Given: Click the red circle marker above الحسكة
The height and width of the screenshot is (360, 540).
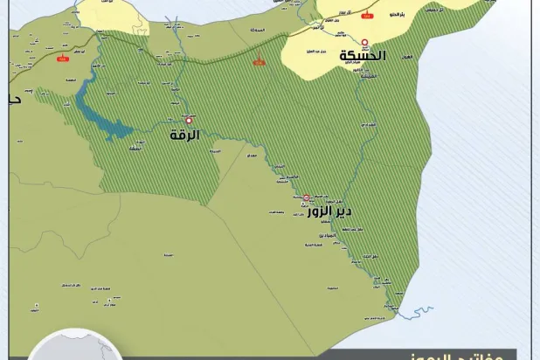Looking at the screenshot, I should [364, 41].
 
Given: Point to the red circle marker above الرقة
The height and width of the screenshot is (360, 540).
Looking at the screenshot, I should [188, 121].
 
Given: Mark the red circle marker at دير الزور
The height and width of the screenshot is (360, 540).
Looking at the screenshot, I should [306, 197].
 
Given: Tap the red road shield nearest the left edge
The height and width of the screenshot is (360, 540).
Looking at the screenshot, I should [62, 59].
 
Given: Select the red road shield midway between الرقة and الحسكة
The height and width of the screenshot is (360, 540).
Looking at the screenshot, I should [260, 62].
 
